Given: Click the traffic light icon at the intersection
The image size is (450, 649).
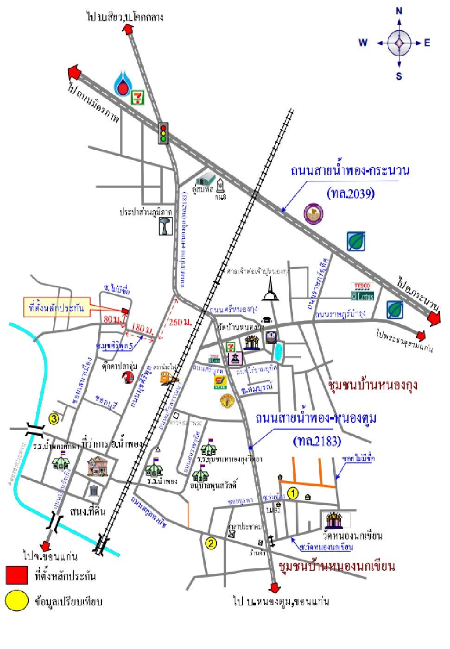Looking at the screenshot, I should (163, 133).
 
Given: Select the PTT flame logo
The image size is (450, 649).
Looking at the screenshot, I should (123, 83).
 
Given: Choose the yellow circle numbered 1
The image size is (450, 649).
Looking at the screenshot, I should (292, 493).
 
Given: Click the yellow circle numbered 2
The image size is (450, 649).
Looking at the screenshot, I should (211, 543).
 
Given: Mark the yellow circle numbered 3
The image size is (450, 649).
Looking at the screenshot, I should (54, 419).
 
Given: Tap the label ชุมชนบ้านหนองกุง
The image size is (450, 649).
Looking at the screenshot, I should (373, 385).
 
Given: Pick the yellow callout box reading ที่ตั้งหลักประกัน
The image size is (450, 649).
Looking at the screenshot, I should (55, 306).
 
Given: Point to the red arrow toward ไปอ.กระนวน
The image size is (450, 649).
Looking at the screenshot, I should (434, 318).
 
